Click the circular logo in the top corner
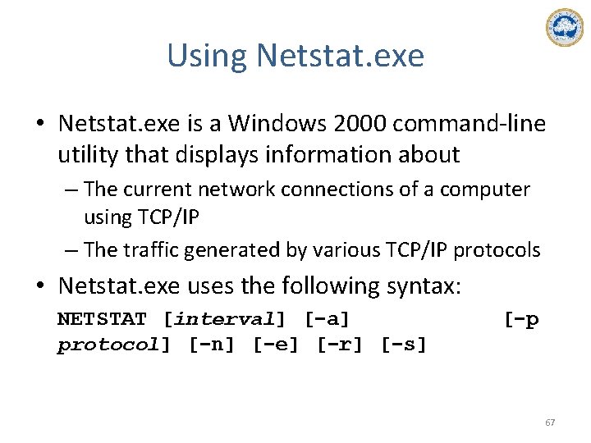(x=564, y=28)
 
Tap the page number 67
(x=550, y=422)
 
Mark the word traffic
(x=155, y=250)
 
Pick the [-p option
(x=521, y=318)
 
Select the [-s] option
(x=404, y=345)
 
